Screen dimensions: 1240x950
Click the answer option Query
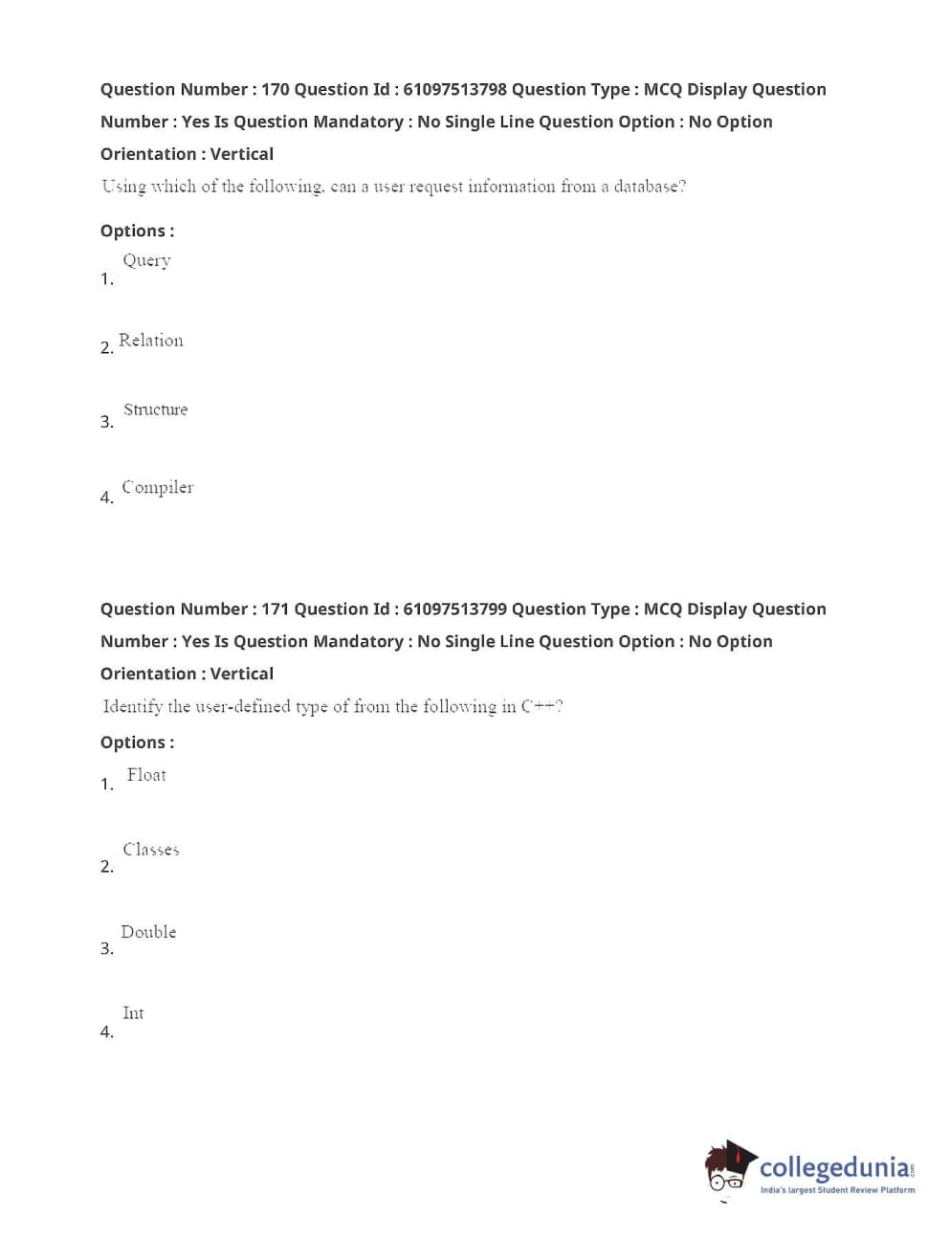146,260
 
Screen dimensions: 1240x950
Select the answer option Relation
151,341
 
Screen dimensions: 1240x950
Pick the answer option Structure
155,410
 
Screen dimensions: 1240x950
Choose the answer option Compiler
158,487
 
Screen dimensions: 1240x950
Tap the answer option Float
146,775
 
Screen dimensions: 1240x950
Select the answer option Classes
151,850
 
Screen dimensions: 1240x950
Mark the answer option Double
148,932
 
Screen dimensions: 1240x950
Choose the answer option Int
133,1013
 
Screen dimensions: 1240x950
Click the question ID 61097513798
454,89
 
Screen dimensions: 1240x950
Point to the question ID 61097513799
454,609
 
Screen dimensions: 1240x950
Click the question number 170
275,89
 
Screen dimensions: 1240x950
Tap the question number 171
275,609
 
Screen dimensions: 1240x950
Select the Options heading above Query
137,231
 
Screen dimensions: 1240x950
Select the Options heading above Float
137,742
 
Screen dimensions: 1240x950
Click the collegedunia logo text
834,1167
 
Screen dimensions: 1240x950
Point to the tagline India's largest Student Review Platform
837,1190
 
